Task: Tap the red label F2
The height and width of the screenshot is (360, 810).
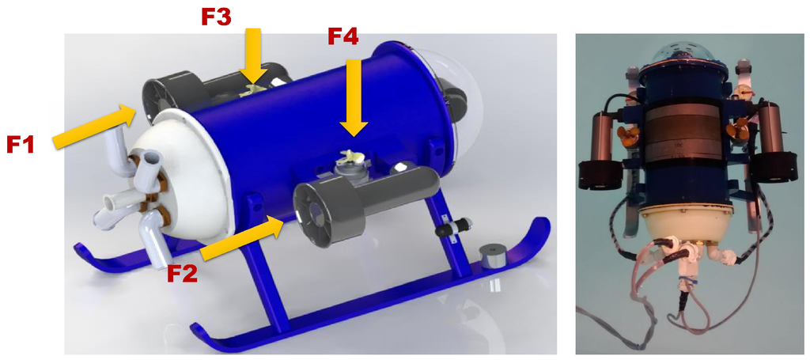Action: pos(182,273)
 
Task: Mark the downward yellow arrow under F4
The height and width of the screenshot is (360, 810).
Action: pos(354,98)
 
